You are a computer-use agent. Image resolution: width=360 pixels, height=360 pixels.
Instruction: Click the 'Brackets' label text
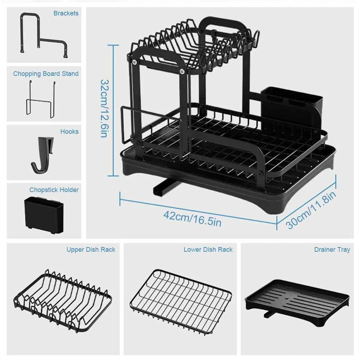66,13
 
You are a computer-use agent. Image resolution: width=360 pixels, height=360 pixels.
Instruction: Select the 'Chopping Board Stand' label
46,74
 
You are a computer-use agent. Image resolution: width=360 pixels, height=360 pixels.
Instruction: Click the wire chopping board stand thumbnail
40,98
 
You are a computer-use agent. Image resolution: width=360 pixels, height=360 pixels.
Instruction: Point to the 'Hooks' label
69,132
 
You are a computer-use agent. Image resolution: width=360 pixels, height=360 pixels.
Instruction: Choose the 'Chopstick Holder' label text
54,190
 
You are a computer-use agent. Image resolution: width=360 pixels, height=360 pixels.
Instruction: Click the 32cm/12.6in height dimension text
104,108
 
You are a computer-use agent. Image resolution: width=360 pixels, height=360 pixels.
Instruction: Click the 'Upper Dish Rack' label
91,250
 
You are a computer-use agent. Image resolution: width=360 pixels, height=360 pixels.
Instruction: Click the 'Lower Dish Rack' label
208,250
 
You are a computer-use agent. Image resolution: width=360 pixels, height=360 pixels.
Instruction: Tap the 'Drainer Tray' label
332,250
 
